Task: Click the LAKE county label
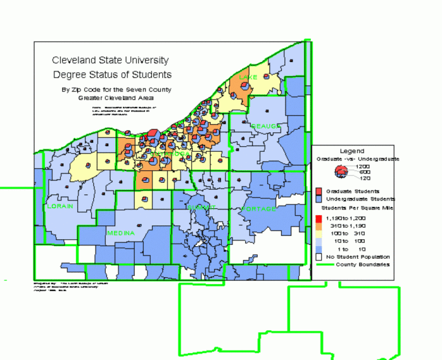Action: click(x=248, y=76)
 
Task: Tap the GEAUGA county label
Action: click(x=265, y=126)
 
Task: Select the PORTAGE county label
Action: click(x=258, y=209)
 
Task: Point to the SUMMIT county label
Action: click(x=201, y=207)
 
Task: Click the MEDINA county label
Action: click(x=121, y=233)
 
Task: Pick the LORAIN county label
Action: click(x=60, y=206)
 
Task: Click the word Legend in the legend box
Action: click(x=352, y=151)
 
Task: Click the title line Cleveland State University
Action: click(x=110, y=60)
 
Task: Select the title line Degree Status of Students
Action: click(x=112, y=75)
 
